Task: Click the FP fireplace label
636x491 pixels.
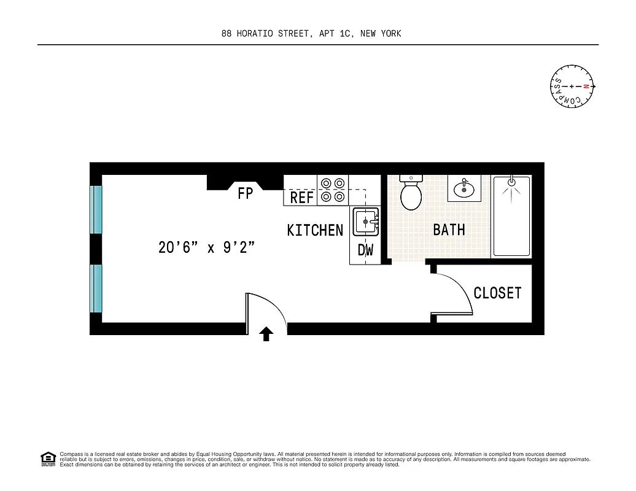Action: click(245, 194)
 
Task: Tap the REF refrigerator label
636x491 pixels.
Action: click(302, 198)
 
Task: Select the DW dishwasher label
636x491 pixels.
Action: click(365, 250)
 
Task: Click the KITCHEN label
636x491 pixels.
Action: click(315, 230)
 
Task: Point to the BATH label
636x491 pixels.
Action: click(449, 230)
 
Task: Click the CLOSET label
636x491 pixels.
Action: click(497, 293)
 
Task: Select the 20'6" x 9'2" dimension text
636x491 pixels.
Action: click(206, 248)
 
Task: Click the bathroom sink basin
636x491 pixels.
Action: click(465, 190)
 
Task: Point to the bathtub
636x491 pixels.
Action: click(511, 215)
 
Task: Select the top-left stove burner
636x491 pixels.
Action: click(325, 183)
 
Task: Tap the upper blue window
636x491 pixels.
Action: click(96, 209)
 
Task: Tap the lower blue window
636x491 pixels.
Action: click(96, 288)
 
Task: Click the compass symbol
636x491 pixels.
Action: click(572, 87)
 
